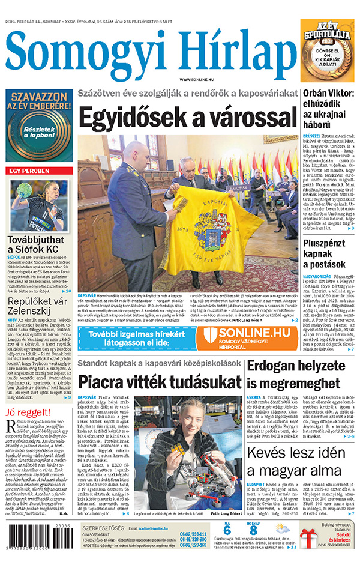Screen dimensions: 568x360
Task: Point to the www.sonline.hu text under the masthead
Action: (198, 79)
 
